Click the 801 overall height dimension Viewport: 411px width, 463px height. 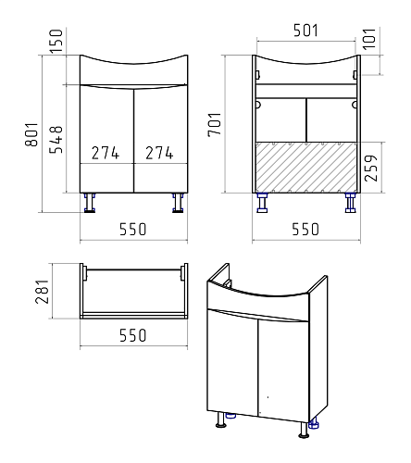(32, 134)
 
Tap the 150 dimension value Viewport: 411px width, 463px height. (56, 41)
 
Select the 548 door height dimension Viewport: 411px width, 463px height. (56, 140)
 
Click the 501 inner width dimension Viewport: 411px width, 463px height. (305, 31)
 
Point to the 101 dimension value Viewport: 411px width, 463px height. (369, 39)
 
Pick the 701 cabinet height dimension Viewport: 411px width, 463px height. (215, 124)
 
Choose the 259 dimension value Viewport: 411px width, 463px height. (371, 168)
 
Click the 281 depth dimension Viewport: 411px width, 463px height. (43, 292)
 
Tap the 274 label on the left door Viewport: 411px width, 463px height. (106, 153)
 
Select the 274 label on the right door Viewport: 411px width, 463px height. (159, 153)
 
